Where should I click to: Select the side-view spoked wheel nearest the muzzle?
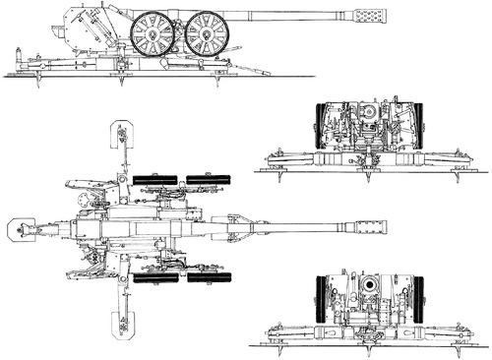pos(207,33)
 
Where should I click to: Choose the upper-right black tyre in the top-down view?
pos(209,178)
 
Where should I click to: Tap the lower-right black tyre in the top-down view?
pos(209,278)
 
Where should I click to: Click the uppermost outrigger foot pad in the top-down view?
pos(123,132)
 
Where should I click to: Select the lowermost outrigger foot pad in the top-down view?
pos(123,323)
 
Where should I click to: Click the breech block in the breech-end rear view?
pos(369,116)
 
